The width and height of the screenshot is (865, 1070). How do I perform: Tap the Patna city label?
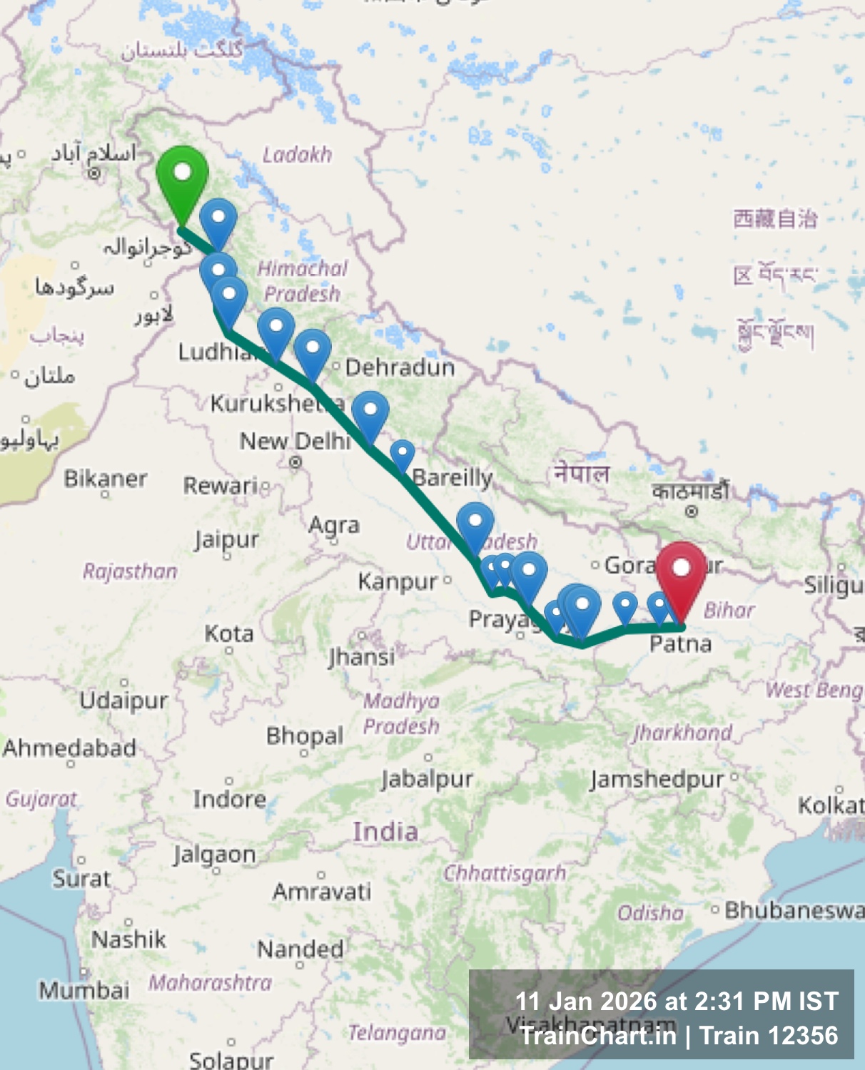tap(680, 644)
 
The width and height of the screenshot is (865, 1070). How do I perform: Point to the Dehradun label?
tap(400, 367)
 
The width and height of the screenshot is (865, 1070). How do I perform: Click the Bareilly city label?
tap(452, 477)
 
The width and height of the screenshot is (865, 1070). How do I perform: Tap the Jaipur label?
tap(227, 540)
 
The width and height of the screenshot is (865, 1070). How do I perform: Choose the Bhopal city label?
tap(305, 735)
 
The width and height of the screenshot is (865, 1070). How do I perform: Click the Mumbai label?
tap(84, 990)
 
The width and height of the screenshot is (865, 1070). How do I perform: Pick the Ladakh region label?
tap(297, 155)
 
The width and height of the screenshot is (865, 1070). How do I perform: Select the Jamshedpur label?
tap(657, 779)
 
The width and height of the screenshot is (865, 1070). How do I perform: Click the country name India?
tap(385, 832)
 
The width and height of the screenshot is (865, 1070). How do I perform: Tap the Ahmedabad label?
tap(69, 748)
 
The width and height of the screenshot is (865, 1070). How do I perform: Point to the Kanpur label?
tap(398, 581)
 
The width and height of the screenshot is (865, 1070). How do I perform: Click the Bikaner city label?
tap(106, 479)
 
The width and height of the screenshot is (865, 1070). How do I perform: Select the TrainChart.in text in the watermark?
tap(598, 1036)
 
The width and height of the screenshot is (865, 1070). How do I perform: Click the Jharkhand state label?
tap(683, 733)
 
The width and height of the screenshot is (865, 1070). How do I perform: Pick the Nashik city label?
tap(128, 939)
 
